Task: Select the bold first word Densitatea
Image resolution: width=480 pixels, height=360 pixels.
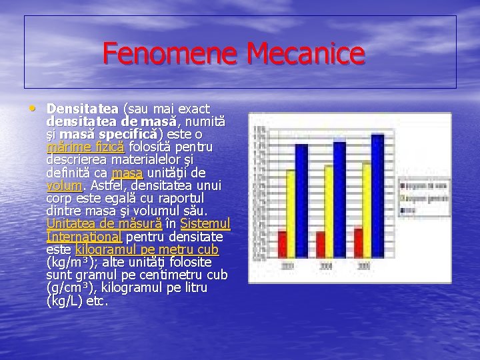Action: (83, 108)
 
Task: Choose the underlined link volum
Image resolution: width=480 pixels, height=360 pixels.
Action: (65, 185)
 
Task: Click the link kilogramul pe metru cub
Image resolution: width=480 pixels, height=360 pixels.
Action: (147, 249)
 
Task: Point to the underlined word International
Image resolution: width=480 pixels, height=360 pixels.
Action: (83, 237)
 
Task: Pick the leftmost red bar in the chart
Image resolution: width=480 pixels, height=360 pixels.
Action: (283, 247)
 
